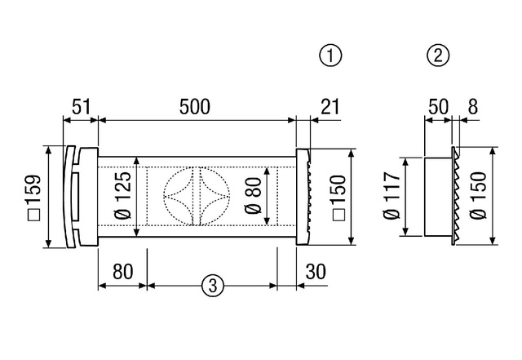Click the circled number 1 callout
(x=330, y=56)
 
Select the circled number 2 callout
(x=438, y=56)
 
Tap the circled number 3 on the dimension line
(x=213, y=286)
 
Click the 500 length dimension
(x=195, y=107)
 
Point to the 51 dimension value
(x=82, y=107)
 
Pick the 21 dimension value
(x=330, y=107)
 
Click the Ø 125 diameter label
(x=122, y=195)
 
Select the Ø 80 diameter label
(x=253, y=196)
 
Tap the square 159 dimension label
(x=33, y=198)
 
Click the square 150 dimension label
(x=339, y=198)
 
